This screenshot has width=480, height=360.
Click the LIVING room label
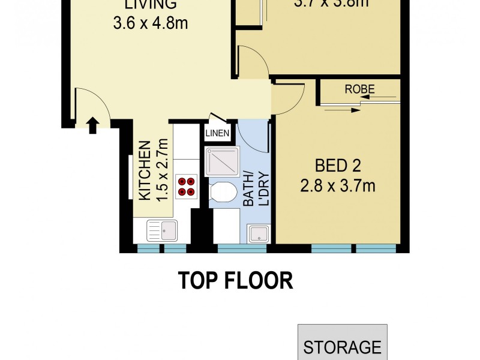(151, 5)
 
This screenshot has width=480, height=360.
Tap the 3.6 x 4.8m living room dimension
(151, 25)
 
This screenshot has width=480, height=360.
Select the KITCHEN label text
(145, 171)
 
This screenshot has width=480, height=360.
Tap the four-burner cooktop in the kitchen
(186, 187)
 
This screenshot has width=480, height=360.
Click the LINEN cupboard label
(217, 133)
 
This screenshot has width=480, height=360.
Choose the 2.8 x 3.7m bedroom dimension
(338, 186)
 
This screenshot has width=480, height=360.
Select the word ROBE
(360, 89)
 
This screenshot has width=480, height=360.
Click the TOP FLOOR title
(235, 280)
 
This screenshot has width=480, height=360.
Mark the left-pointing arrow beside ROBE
(388, 95)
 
